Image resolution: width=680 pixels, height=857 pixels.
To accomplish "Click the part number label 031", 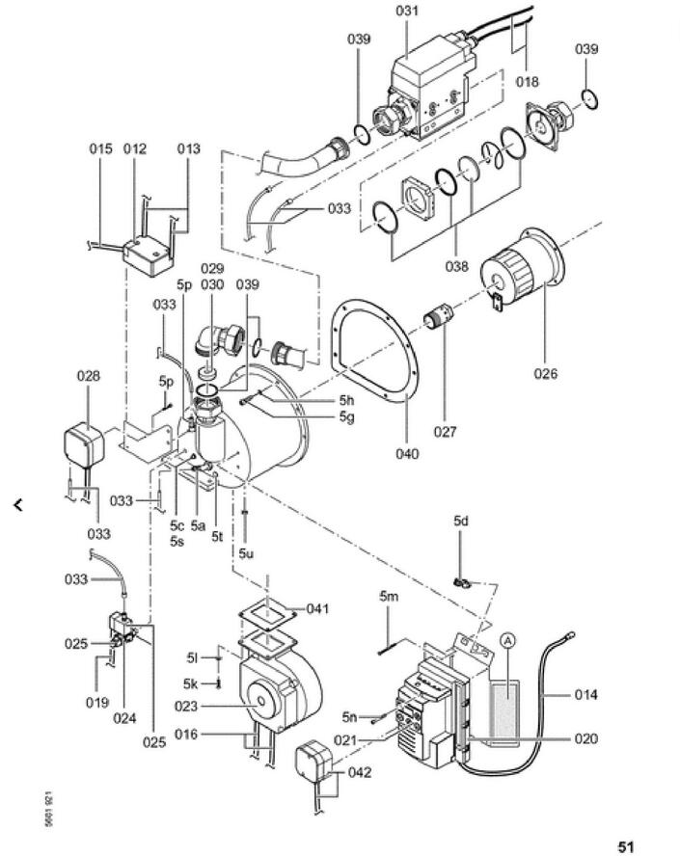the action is click(x=407, y=11).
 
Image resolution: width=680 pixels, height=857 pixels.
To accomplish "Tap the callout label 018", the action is click(x=528, y=81).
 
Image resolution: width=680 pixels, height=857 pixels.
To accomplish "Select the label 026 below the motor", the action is click(x=545, y=374).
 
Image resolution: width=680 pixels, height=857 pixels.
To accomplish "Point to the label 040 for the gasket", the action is click(x=407, y=454).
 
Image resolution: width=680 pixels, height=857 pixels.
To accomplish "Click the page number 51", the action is click(x=626, y=847).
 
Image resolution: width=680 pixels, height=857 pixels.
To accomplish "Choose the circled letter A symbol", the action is click(x=508, y=640).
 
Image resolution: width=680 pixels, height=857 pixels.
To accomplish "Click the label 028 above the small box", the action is click(x=89, y=376).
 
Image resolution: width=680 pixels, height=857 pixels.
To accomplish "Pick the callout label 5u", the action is click(x=246, y=553).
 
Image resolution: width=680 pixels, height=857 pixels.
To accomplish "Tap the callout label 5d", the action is click(x=461, y=521).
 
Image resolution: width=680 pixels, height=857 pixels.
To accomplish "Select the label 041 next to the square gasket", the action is click(x=317, y=608).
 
